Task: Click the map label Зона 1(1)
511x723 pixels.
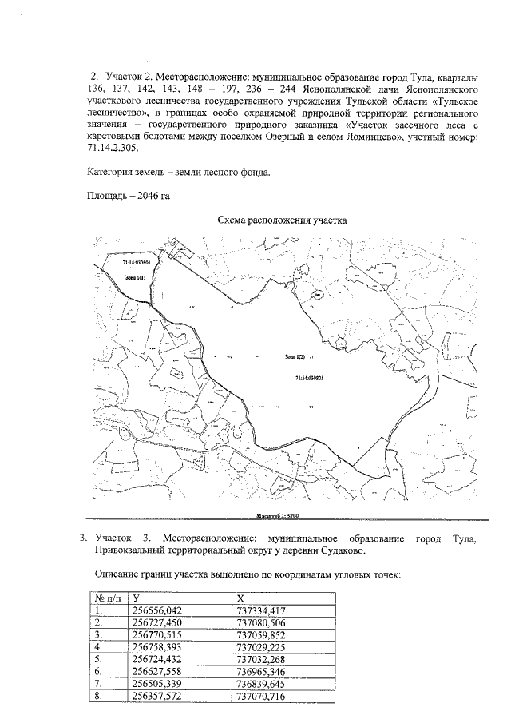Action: (x=133, y=276)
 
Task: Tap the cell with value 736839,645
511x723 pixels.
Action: (x=261, y=684)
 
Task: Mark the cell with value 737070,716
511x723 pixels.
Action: (x=261, y=697)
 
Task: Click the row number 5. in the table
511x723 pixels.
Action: (x=100, y=659)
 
